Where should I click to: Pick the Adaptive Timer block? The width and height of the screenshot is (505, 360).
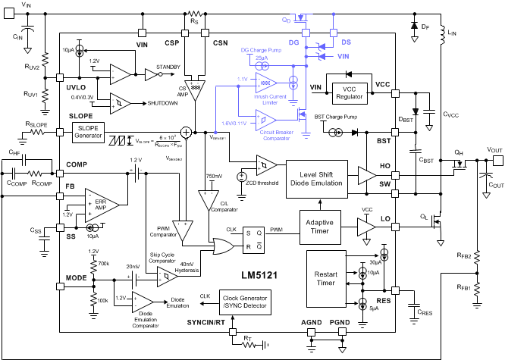coord(320,225)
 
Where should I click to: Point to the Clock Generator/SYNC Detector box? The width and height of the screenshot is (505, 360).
coord(246,301)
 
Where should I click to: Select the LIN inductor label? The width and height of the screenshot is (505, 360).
coord(452,33)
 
